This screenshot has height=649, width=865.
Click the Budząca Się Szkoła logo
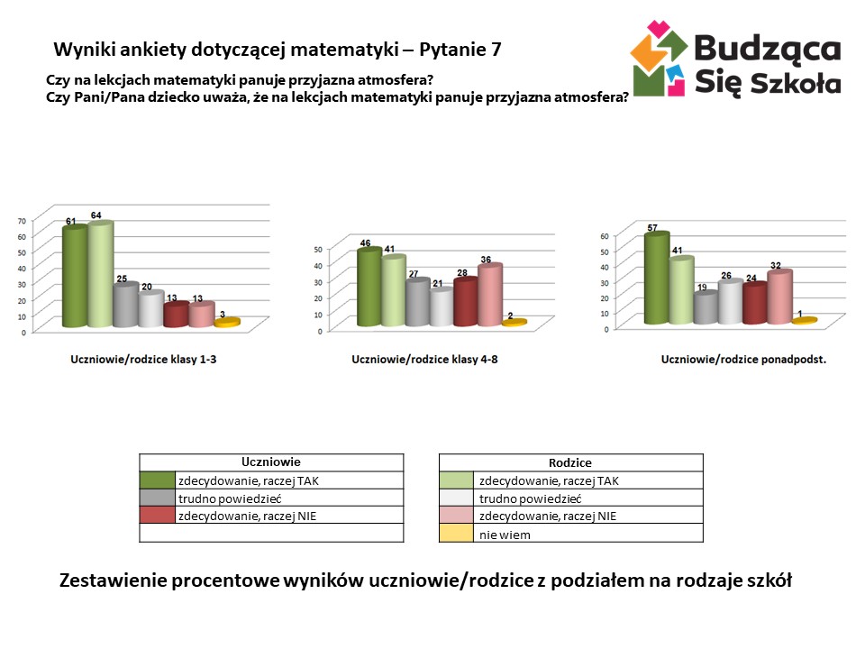[x=735, y=59]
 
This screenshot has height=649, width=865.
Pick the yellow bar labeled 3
[x=227, y=322]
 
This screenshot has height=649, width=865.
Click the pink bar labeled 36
[x=489, y=296]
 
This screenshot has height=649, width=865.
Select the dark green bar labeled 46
[x=369, y=288]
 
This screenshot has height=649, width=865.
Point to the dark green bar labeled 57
[x=657, y=279]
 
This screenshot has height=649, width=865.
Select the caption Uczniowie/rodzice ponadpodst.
[x=744, y=359]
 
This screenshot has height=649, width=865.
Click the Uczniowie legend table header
[x=271, y=462]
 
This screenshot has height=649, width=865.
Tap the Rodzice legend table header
[x=570, y=463]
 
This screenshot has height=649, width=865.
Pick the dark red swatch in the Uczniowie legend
[x=157, y=516]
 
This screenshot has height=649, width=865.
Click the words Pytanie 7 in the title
[x=467, y=50]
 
